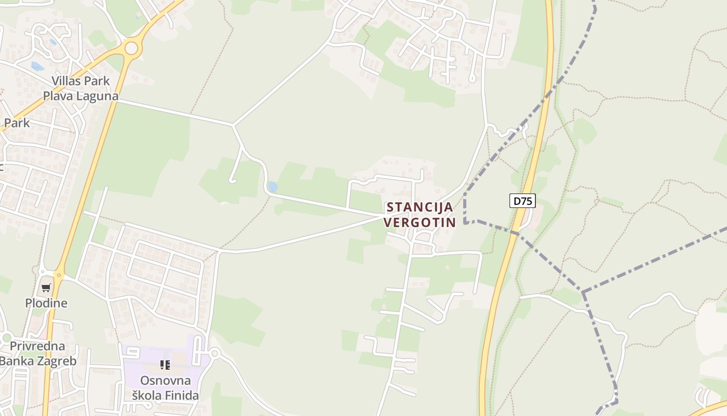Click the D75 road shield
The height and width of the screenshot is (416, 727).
522,201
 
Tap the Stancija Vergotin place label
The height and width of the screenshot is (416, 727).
419,215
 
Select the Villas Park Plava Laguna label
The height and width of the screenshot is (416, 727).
80,88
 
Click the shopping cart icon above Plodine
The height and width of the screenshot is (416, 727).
46,288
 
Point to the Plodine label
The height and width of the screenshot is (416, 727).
46,303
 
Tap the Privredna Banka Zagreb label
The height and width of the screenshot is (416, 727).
37,354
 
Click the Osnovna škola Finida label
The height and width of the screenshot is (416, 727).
165,388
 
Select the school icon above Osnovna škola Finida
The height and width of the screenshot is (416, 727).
165,365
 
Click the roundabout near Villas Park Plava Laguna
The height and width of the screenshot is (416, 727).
131,48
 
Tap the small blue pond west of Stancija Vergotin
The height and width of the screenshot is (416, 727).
272,187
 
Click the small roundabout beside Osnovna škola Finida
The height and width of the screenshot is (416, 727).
214,354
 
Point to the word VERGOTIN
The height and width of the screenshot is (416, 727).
420,223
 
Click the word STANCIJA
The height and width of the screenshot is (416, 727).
420,207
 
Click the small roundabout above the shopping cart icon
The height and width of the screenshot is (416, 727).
59,274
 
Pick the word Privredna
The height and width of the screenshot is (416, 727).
37,346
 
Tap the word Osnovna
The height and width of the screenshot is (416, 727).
165,380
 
